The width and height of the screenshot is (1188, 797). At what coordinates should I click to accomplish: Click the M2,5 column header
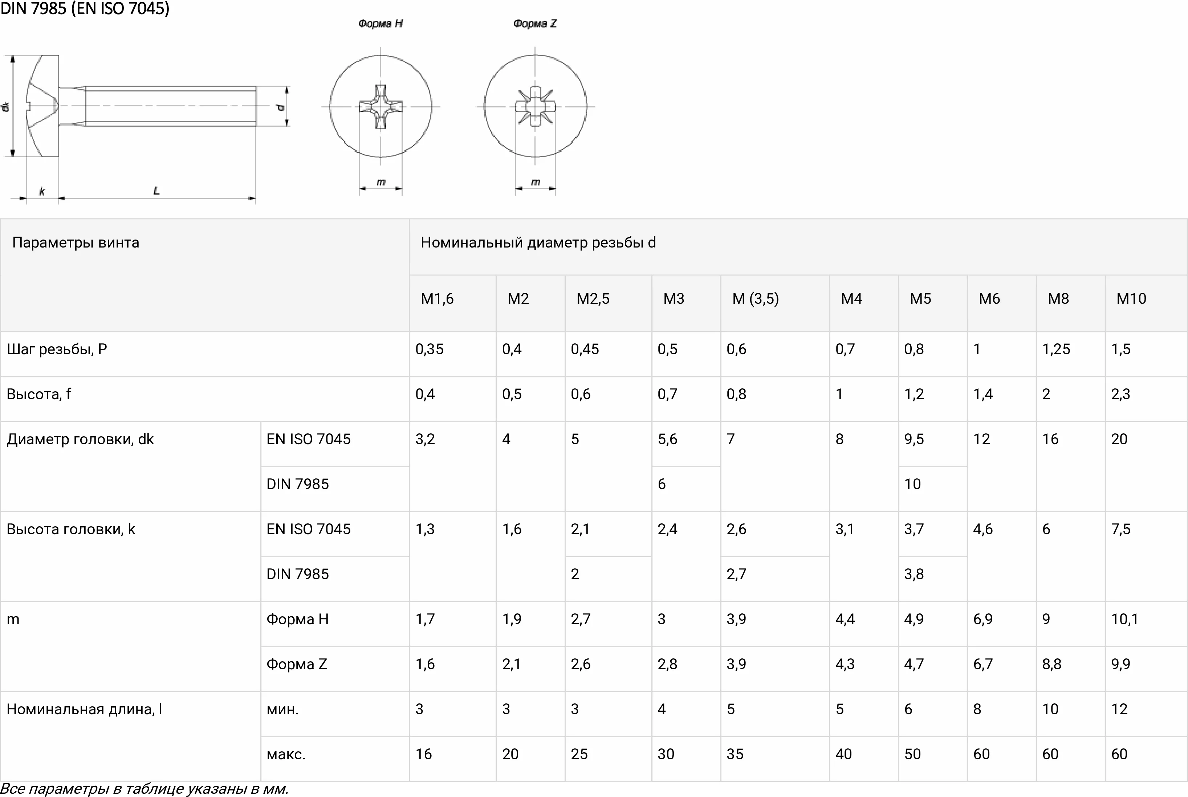593,299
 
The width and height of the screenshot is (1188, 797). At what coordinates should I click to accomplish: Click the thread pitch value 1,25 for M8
1056,349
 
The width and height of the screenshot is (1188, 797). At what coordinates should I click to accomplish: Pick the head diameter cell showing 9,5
914,439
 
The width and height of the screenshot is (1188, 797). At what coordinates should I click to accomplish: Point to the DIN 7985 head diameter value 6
662,484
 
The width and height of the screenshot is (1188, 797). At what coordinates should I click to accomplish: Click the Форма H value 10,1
1124,619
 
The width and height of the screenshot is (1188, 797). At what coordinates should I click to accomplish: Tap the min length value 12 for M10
1119,709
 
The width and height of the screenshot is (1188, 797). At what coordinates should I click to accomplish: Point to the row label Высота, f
38,394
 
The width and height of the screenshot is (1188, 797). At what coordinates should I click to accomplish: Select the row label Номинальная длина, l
84,709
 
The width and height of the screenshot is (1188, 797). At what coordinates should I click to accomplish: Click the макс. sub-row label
286,754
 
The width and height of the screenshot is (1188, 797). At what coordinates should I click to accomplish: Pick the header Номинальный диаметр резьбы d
538,242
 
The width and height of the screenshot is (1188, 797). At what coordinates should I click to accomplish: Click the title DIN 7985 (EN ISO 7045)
85,9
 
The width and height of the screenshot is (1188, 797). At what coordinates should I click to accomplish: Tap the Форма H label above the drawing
380,23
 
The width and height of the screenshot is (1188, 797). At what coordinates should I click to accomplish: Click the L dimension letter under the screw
156,191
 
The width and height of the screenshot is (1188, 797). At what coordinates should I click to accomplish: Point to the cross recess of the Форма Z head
535,107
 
